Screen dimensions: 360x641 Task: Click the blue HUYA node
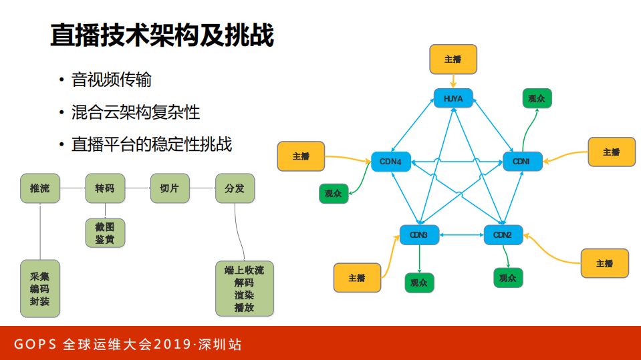453,99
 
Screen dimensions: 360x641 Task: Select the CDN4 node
390,162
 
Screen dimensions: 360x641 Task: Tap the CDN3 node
418,234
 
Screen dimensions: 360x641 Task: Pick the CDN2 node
503,234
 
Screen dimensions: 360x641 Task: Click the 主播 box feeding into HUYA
453,59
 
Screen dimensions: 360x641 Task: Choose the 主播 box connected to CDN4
301,156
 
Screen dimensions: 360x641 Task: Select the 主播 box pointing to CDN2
604,263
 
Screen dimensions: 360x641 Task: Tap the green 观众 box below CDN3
419,282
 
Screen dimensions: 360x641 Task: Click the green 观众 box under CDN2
508,277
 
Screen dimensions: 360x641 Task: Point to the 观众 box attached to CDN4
333,194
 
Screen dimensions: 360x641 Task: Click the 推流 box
39,188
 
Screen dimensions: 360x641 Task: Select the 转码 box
105,188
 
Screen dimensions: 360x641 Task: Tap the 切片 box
170,188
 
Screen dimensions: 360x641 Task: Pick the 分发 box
235,188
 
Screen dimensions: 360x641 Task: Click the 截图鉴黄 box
105,233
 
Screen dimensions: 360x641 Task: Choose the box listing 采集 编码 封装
39,288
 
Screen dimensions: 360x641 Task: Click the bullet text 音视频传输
111,80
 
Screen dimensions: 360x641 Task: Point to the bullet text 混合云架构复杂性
135,112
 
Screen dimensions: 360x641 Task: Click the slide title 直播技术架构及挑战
162,36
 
